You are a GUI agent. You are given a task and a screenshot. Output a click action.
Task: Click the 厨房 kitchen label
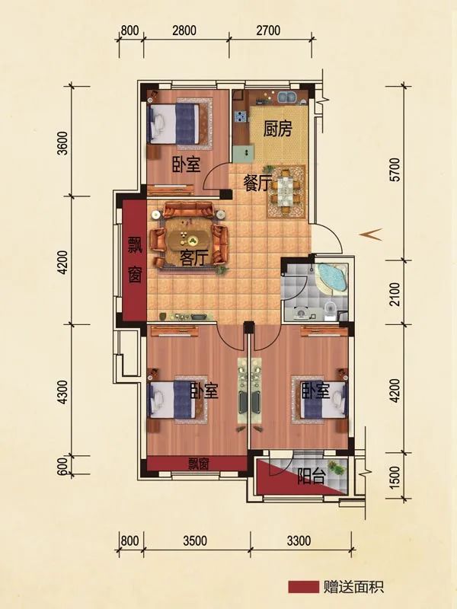point(277,129)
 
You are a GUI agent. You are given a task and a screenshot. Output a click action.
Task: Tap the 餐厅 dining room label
point(255,183)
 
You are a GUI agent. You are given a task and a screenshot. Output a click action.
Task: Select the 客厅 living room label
point(194,257)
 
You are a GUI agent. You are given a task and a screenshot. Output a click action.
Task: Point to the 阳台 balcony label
point(311,477)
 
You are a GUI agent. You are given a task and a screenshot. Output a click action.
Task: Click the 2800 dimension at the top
point(184,30)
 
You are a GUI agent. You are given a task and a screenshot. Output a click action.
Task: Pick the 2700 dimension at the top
point(268,30)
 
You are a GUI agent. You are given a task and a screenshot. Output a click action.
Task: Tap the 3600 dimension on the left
point(62,143)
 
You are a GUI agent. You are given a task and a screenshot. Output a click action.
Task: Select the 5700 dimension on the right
point(395,170)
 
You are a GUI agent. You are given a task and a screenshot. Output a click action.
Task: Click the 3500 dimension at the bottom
point(195,540)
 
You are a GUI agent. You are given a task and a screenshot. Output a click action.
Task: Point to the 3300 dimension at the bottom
point(299,540)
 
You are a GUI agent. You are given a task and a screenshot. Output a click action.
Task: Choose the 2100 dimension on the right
point(395,294)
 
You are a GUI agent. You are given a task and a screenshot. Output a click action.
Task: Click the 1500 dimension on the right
point(395,477)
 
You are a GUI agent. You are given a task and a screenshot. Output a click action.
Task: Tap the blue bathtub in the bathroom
point(331,278)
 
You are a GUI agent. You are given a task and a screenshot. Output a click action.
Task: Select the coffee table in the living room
point(188,238)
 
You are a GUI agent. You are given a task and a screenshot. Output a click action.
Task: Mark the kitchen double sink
point(288,97)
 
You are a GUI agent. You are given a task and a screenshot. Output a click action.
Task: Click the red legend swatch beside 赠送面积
point(303,587)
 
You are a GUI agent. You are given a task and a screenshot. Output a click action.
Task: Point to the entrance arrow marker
point(371,234)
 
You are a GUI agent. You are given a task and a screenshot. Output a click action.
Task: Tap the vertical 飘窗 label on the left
point(136,259)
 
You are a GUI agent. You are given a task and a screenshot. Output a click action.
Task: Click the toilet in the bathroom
point(330,311)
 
